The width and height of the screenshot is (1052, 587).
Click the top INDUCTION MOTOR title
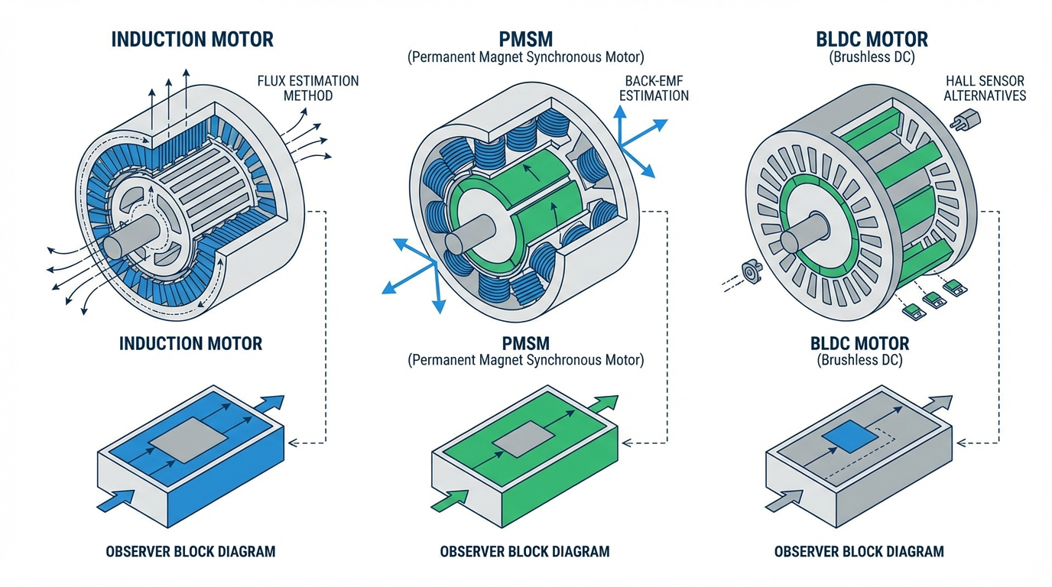click(192, 40)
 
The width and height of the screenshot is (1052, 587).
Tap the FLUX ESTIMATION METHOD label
click(307, 88)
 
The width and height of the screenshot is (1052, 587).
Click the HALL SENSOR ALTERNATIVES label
click(985, 88)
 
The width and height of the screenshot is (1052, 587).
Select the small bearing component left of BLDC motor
click(751, 270)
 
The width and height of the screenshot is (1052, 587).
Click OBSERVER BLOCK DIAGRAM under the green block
click(524, 551)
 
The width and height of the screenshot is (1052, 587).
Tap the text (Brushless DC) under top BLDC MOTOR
click(872, 57)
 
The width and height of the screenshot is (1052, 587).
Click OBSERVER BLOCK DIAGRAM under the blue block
click(190, 551)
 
